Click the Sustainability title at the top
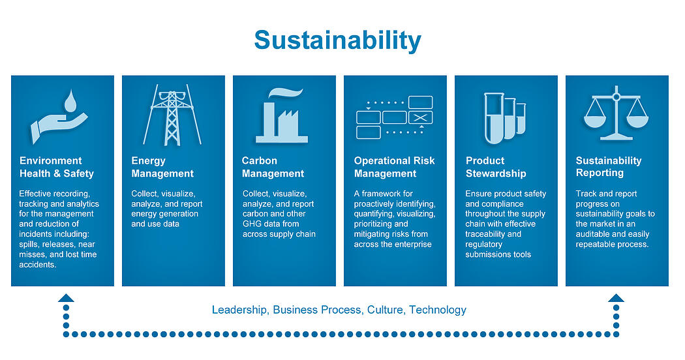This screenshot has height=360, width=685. point(338,41)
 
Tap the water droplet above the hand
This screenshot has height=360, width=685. point(70,101)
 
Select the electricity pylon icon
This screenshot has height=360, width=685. point(172,115)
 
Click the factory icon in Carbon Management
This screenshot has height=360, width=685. point(282,116)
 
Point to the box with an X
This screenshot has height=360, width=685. point(420,117)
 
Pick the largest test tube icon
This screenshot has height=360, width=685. point(494,118)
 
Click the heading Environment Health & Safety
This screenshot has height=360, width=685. point(57,167)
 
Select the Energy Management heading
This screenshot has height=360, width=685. point(162,167)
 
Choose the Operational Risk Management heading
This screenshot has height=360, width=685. point(394,167)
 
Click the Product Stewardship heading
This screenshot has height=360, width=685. point(496,167)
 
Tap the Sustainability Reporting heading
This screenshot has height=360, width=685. point(609,166)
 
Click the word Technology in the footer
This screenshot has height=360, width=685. point(438,310)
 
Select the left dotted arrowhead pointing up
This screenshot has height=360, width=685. point(66,298)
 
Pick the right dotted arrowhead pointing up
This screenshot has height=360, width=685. point(616,298)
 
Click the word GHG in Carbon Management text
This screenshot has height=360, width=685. point(252,224)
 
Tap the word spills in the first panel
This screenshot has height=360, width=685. point(29,245)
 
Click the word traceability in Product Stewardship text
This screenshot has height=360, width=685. point(484,234)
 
